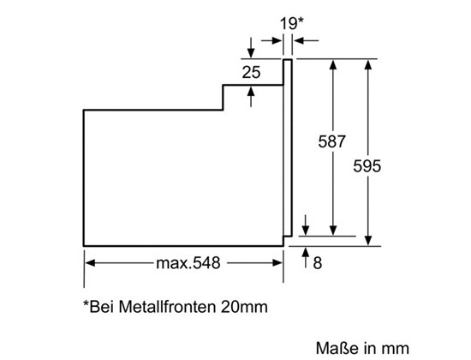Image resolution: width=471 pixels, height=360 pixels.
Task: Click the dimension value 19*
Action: pyautogui.click(x=292, y=23)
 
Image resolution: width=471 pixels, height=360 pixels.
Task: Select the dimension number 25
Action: pyautogui.click(x=251, y=73)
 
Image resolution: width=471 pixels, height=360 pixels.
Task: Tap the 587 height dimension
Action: pyautogui.click(x=331, y=141)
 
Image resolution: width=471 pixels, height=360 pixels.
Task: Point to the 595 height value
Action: pyautogui.click(x=367, y=165)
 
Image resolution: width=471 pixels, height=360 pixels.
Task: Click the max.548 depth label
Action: pyautogui.click(x=188, y=263)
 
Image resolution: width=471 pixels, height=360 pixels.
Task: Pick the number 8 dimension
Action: pyautogui.click(x=318, y=263)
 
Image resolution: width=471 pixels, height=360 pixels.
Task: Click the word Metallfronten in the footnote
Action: pyautogui.click(x=167, y=307)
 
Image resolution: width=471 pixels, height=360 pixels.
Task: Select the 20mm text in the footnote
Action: pyautogui.click(x=244, y=307)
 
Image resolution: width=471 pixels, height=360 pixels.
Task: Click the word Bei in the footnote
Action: pyautogui.click(x=99, y=307)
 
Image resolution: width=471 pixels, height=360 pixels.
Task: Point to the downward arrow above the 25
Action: pyautogui.click(x=251, y=47)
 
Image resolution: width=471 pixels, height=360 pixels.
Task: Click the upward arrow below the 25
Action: pyautogui.click(x=251, y=97)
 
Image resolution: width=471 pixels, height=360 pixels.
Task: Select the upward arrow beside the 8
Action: pyautogui.click(x=306, y=257)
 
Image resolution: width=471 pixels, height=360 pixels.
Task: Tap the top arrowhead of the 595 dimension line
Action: pyautogui.click(x=368, y=64)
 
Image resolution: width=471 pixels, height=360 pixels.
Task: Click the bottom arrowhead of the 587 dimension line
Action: pyautogui.click(x=333, y=230)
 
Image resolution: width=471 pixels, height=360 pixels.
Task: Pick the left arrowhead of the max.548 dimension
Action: pyautogui.click(x=91, y=263)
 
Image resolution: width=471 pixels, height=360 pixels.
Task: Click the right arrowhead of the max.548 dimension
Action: pyautogui.click(x=277, y=263)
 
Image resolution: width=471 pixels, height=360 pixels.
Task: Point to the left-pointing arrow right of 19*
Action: pyautogui.click(x=306, y=40)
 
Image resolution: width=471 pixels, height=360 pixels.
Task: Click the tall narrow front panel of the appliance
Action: pyautogui.click(x=288, y=148)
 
